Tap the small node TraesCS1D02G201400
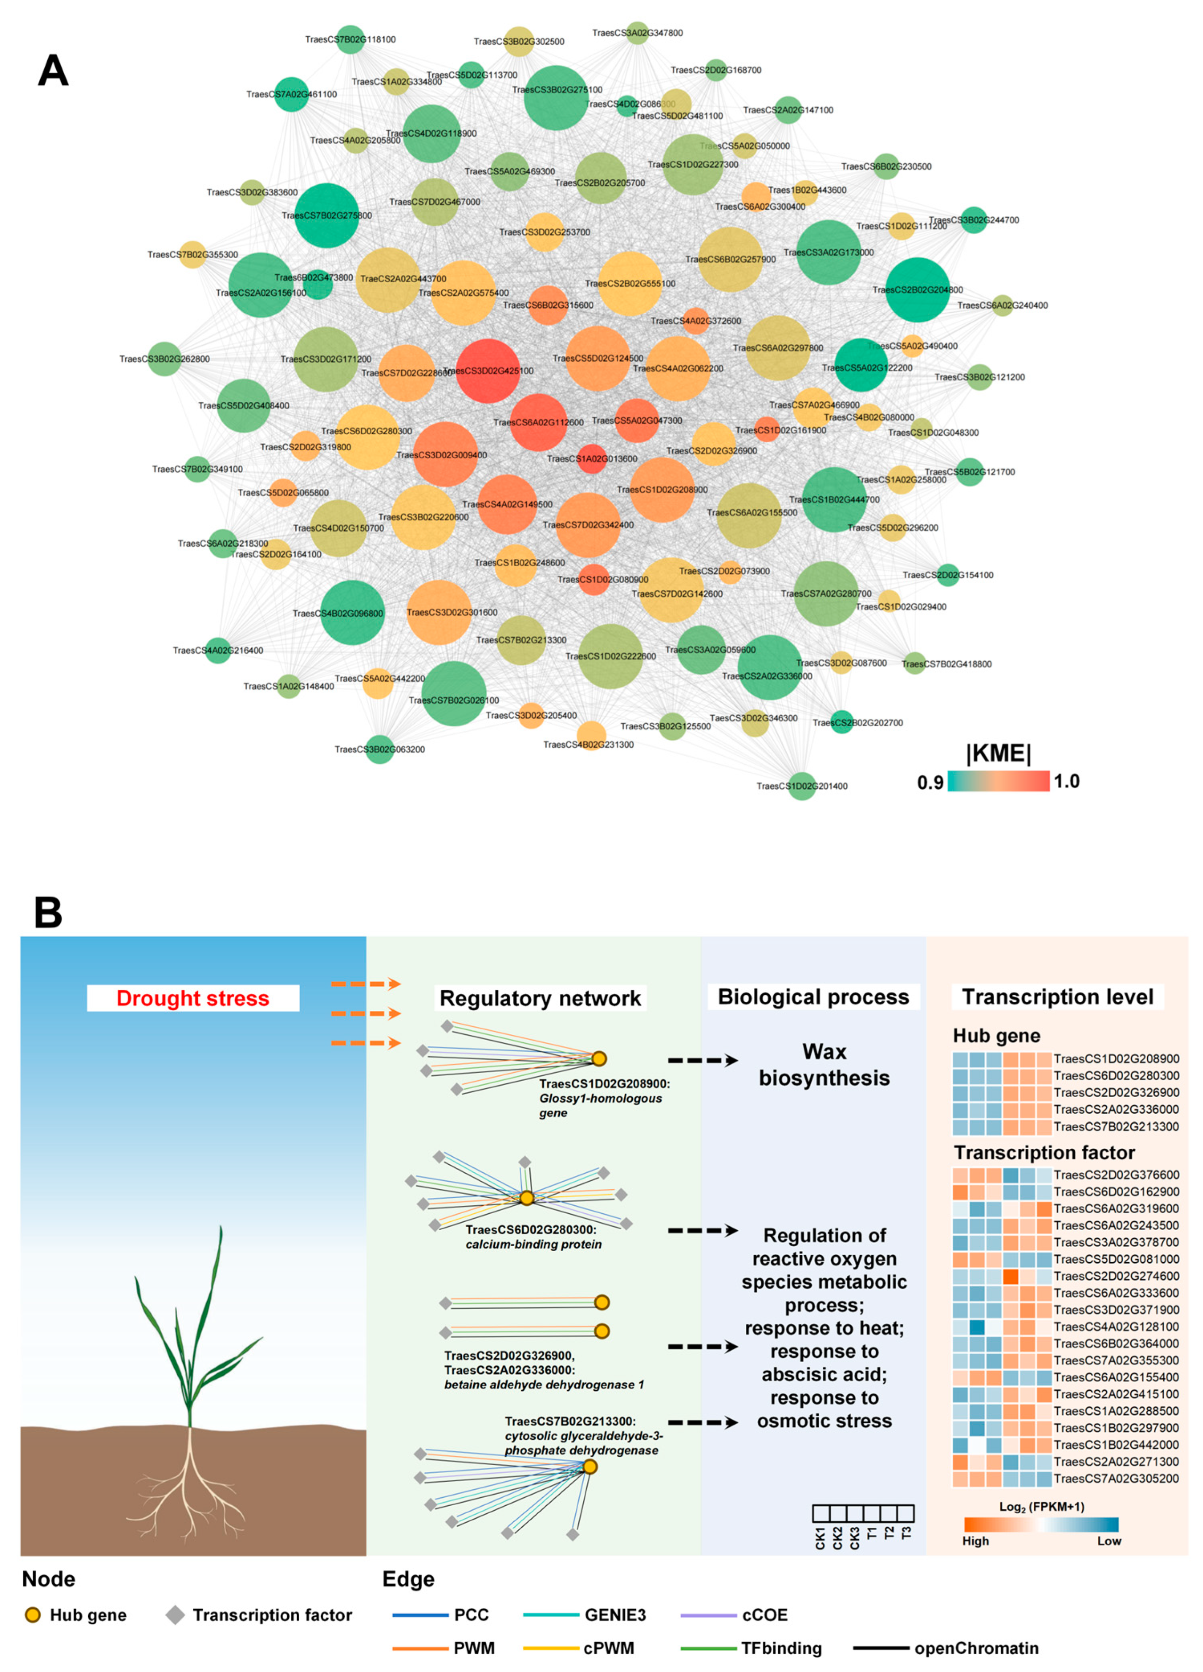point(802,786)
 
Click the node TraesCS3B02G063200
point(380,749)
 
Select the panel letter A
point(53,71)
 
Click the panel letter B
point(49,913)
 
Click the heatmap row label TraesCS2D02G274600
point(1116,1276)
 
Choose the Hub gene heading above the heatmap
point(997,1036)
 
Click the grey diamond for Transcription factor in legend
point(175,1615)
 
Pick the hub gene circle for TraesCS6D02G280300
point(527,1198)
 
